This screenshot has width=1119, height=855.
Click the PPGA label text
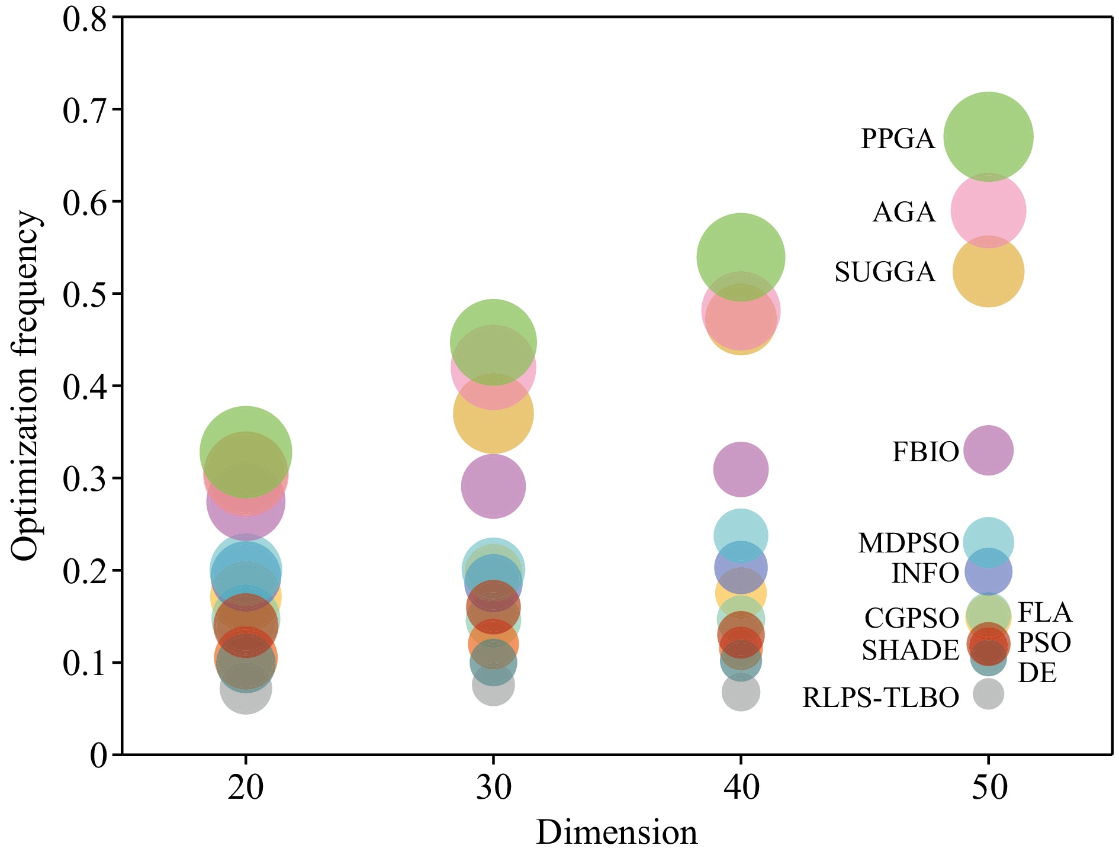click(x=897, y=139)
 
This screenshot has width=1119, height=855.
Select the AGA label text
click(x=903, y=212)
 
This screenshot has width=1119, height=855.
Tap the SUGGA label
click(x=885, y=272)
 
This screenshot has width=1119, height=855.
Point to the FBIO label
click(x=925, y=452)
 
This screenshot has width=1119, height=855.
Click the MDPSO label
click(x=908, y=543)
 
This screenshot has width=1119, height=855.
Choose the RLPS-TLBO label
click(x=880, y=698)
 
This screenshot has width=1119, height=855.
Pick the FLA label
click(x=1044, y=612)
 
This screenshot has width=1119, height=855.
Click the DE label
click(x=1037, y=673)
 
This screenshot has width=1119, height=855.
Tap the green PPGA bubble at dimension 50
click(x=988, y=136)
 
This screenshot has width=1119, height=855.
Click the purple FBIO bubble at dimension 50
click(x=988, y=450)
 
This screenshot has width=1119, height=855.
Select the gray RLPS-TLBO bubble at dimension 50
click(x=988, y=693)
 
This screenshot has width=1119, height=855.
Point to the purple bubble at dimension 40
click(x=741, y=469)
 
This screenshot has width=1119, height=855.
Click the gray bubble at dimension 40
click(x=741, y=692)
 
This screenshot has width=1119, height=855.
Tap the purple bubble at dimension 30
click(x=493, y=486)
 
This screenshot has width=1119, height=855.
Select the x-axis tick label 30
click(x=493, y=788)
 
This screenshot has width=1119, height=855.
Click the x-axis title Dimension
click(x=616, y=832)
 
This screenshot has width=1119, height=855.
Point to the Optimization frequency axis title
click(x=25, y=386)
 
